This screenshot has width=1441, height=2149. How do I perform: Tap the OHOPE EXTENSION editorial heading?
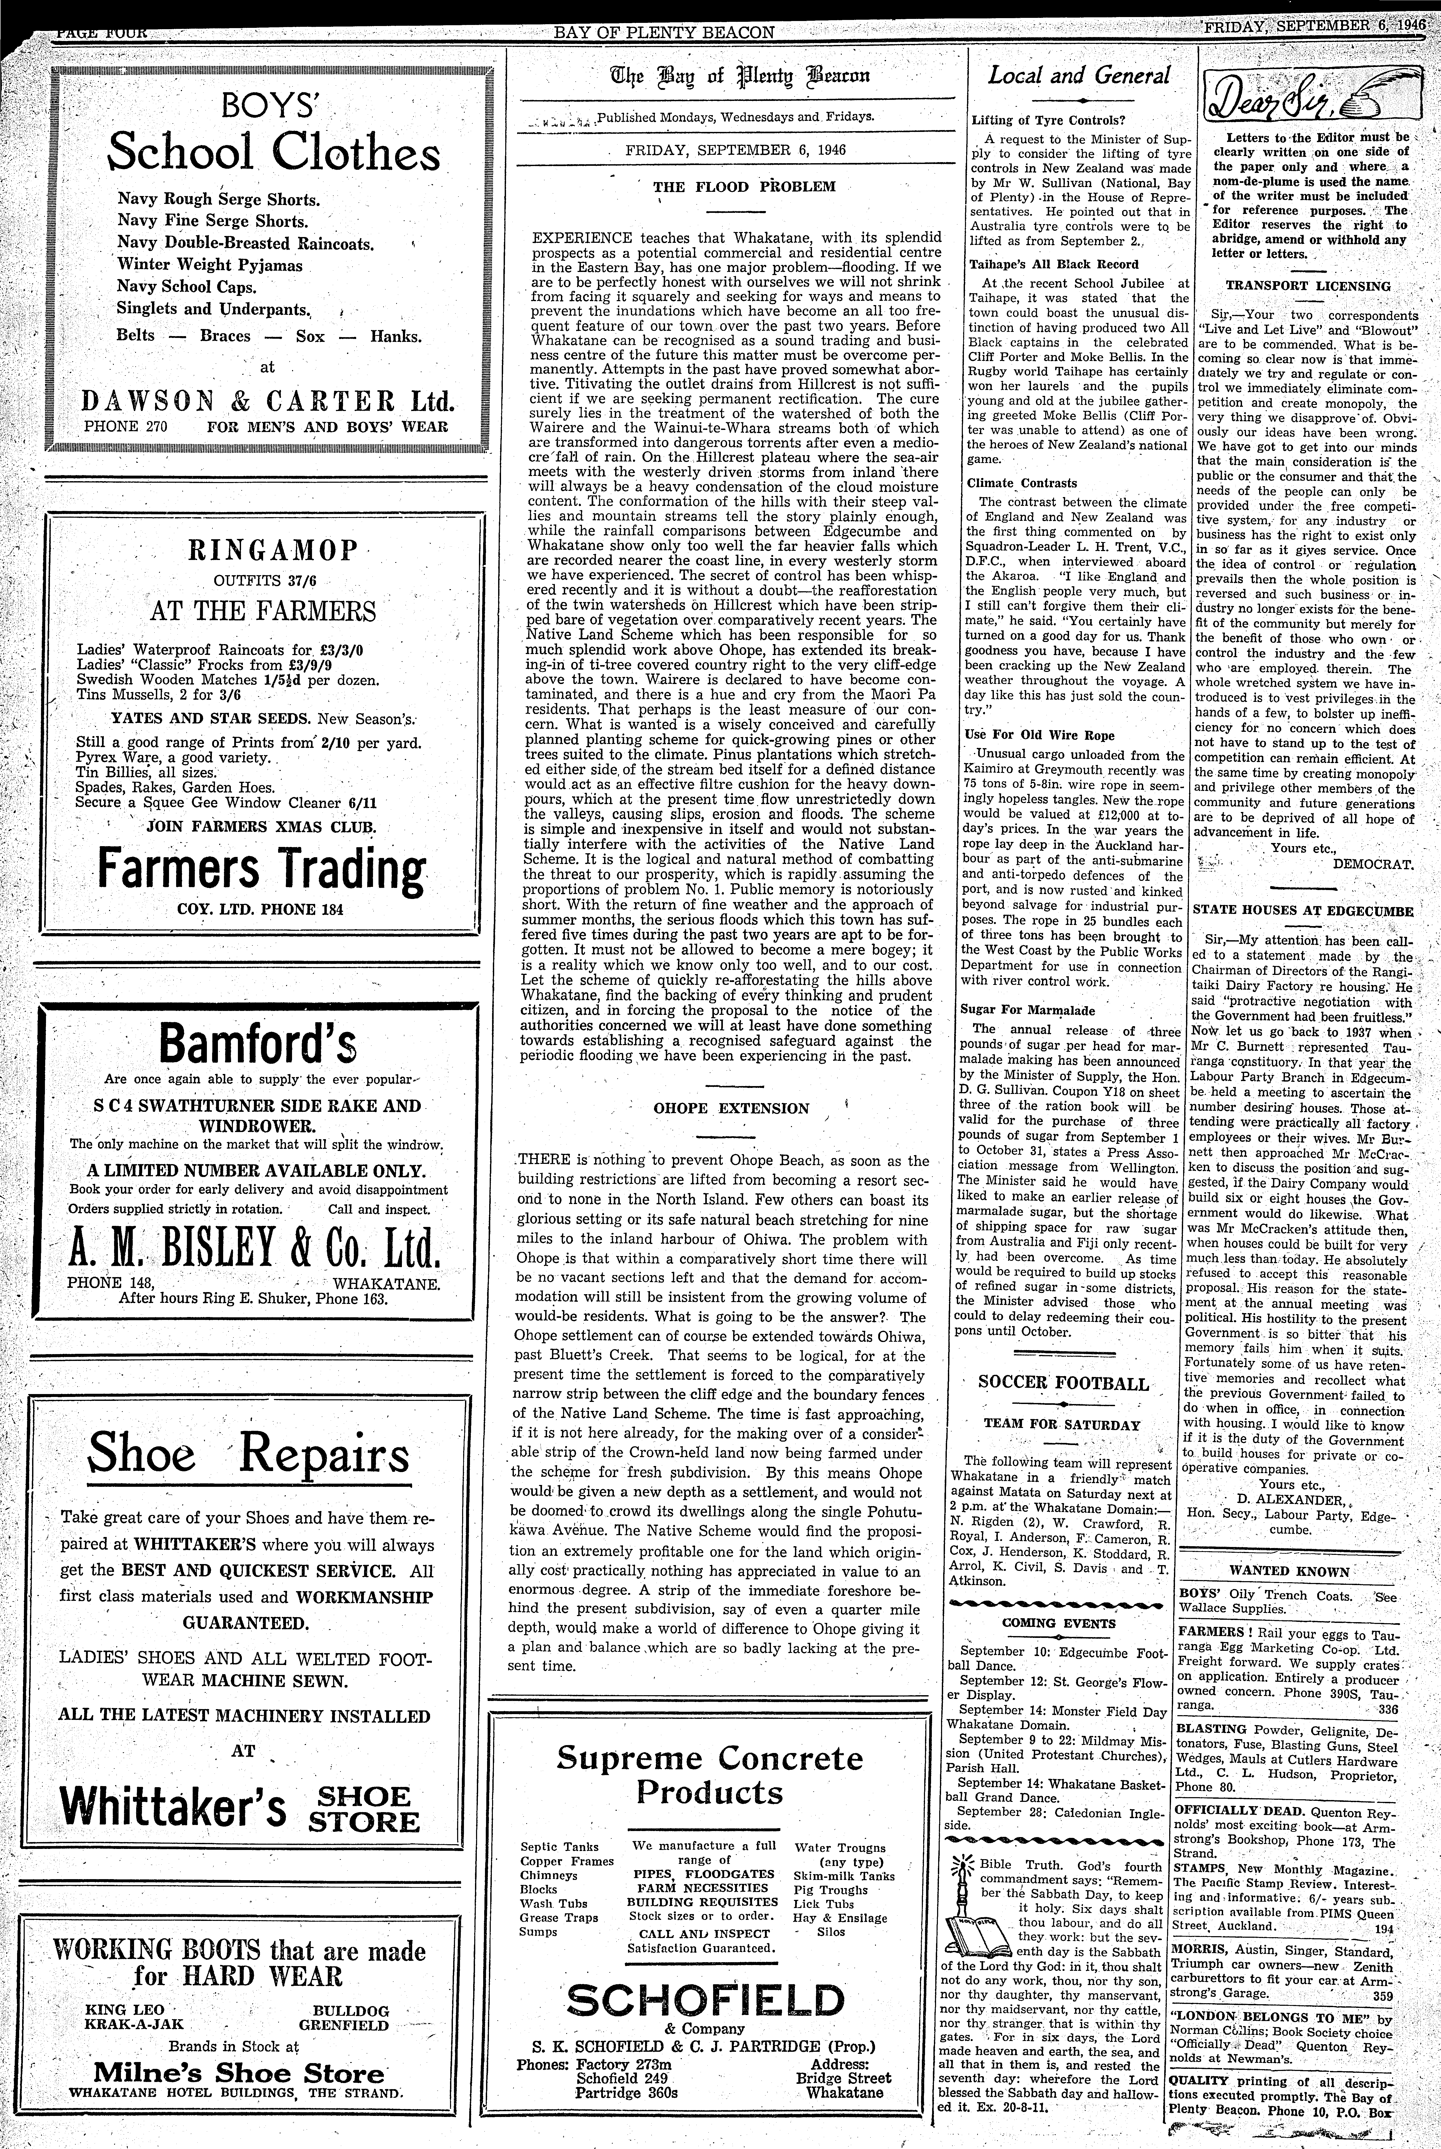[x=732, y=1108]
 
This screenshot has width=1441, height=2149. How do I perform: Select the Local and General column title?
[x=1079, y=76]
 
